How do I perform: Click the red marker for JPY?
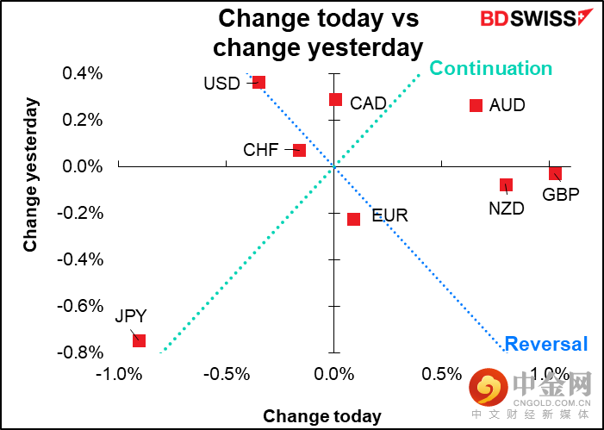pyautogui.click(x=139, y=341)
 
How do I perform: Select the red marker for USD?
pyautogui.click(x=258, y=83)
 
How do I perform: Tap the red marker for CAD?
pyautogui.click(x=335, y=99)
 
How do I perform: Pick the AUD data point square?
pyautogui.click(x=476, y=105)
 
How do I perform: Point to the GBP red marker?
pyautogui.click(x=556, y=174)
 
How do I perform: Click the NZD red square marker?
pyautogui.click(x=507, y=185)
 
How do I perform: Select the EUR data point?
pyautogui.click(x=353, y=219)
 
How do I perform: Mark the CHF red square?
pyautogui.click(x=299, y=150)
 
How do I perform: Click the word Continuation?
pyautogui.click(x=490, y=68)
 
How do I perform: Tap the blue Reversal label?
pyautogui.click(x=546, y=344)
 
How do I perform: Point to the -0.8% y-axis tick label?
pyautogui.click(x=80, y=352)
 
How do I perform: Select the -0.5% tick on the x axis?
pyautogui.click(x=226, y=374)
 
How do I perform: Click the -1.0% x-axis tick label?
pyautogui.click(x=118, y=374)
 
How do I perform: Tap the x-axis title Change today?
pyautogui.click(x=322, y=416)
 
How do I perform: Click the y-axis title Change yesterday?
pyautogui.click(x=31, y=175)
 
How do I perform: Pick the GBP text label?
pyautogui.click(x=560, y=194)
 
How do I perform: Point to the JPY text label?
pyautogui.click(x=131, y=316)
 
